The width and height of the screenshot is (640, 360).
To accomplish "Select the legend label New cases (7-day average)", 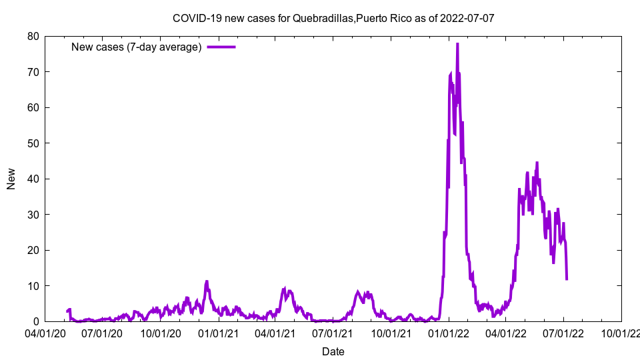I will point(136,47).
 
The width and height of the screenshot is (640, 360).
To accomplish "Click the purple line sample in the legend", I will point(221,47).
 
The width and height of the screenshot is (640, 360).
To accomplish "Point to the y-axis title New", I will point(11,179).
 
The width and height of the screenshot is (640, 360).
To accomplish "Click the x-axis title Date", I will point(333,351).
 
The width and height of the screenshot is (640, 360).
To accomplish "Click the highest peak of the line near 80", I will point(457,43).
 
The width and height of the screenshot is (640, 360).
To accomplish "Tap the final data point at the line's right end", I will point(567,279).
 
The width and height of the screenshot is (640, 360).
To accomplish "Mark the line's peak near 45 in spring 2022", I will point(537,163).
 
